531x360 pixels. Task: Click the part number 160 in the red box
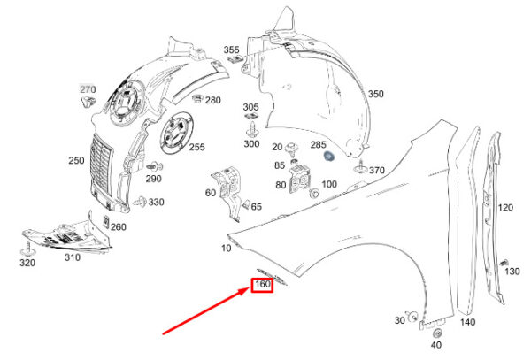262,285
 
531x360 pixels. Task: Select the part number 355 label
231,50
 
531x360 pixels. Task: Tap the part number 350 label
376,94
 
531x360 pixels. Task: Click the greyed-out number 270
88,90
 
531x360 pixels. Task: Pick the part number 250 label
76,160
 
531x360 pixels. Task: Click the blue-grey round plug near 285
327,157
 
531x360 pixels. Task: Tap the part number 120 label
505,208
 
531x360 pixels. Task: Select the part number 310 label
72,257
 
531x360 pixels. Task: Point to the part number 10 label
227,249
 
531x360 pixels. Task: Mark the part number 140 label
467,322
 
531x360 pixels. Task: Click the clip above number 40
436,333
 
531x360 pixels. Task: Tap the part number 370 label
377,170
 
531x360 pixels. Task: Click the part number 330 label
156,203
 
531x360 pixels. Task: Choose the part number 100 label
329,184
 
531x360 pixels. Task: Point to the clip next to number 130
503,262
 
